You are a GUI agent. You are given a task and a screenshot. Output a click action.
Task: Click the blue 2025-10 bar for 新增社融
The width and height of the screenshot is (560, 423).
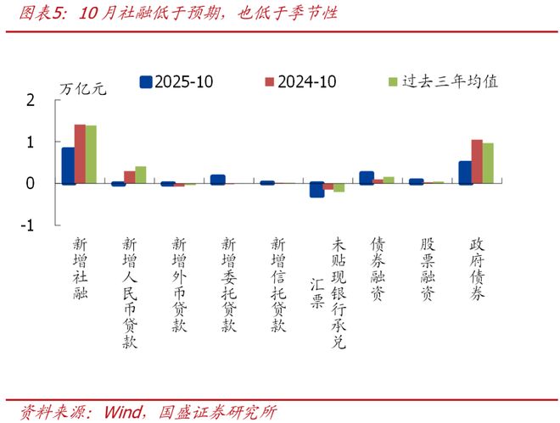tap(68, 165)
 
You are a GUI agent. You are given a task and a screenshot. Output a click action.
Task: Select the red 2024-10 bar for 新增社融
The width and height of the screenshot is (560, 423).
tap(80, 153)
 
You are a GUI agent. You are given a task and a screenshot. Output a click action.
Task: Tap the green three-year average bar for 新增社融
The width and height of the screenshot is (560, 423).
tap(91, 154)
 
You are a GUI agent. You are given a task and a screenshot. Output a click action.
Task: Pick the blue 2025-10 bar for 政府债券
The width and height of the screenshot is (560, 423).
tap(465, 172)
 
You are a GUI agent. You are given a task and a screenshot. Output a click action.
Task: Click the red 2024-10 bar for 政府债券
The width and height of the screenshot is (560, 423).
tap(477, 161)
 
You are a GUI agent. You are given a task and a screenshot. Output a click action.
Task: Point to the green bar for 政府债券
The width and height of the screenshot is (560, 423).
tap(488, 163)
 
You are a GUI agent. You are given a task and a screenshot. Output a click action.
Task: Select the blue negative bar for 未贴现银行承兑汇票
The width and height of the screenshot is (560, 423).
tap(316, 190)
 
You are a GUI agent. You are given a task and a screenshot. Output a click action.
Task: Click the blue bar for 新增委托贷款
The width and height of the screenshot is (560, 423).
tap(217, 179)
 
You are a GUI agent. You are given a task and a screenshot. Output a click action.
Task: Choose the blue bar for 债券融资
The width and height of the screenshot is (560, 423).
tap(367, 177)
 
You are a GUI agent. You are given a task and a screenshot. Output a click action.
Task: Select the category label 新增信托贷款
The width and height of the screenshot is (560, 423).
tap(278, 284)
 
